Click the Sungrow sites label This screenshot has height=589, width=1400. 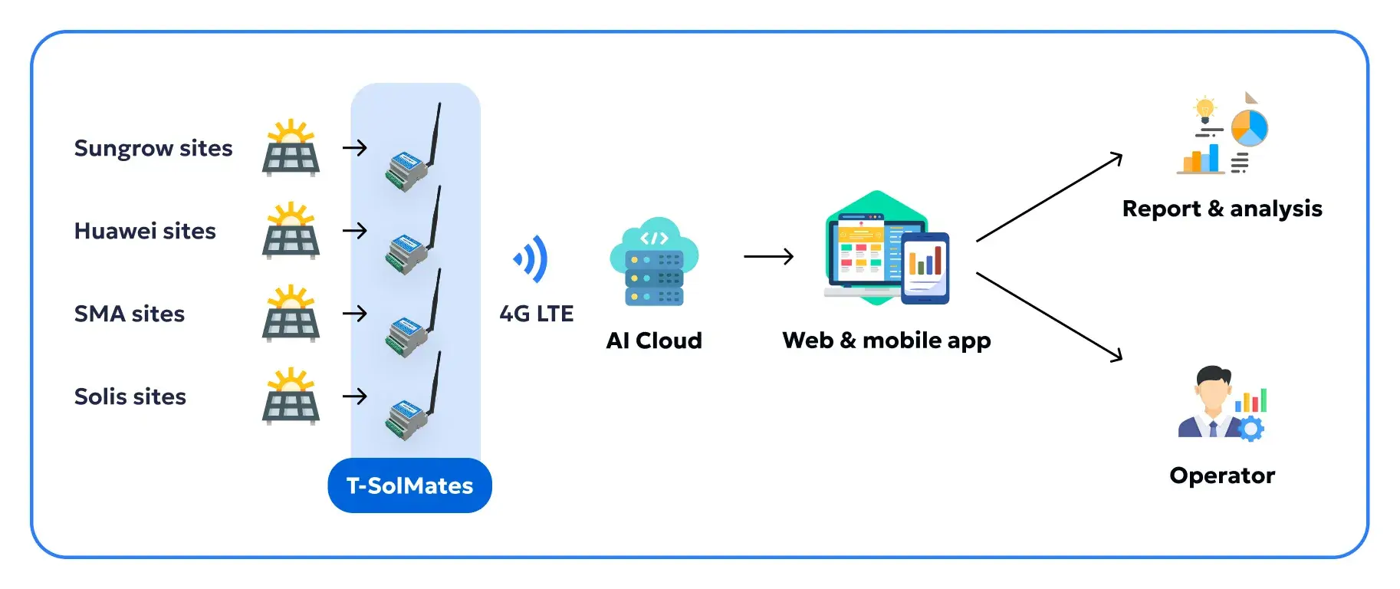(x=153, y=148)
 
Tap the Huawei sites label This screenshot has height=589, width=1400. (x=145, y=231)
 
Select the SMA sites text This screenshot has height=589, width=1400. (x=130, y=314)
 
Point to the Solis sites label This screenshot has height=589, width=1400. (x=130, y=397)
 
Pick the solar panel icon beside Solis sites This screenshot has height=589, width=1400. (x=291, y=397)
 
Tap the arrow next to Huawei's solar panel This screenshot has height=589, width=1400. (x=355, y=230)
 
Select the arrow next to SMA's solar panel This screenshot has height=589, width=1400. (x=355, y=313)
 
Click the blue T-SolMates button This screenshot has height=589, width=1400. (x=409, y=485)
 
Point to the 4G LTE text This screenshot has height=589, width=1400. (x=536, y=314)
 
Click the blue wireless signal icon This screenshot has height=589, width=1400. (x=531, y=259)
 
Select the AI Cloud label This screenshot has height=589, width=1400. (x=654, y=341)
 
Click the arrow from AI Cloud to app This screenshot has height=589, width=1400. (x=768, y=256)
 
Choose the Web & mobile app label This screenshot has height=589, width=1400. (x=886, y=340)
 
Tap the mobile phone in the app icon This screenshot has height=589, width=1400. (x=925, y=268)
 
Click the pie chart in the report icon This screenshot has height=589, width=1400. (x=1249, y=128)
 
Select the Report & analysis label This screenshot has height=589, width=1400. (x=1222, y=209)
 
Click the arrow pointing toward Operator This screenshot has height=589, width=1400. (x=1050, y=317)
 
